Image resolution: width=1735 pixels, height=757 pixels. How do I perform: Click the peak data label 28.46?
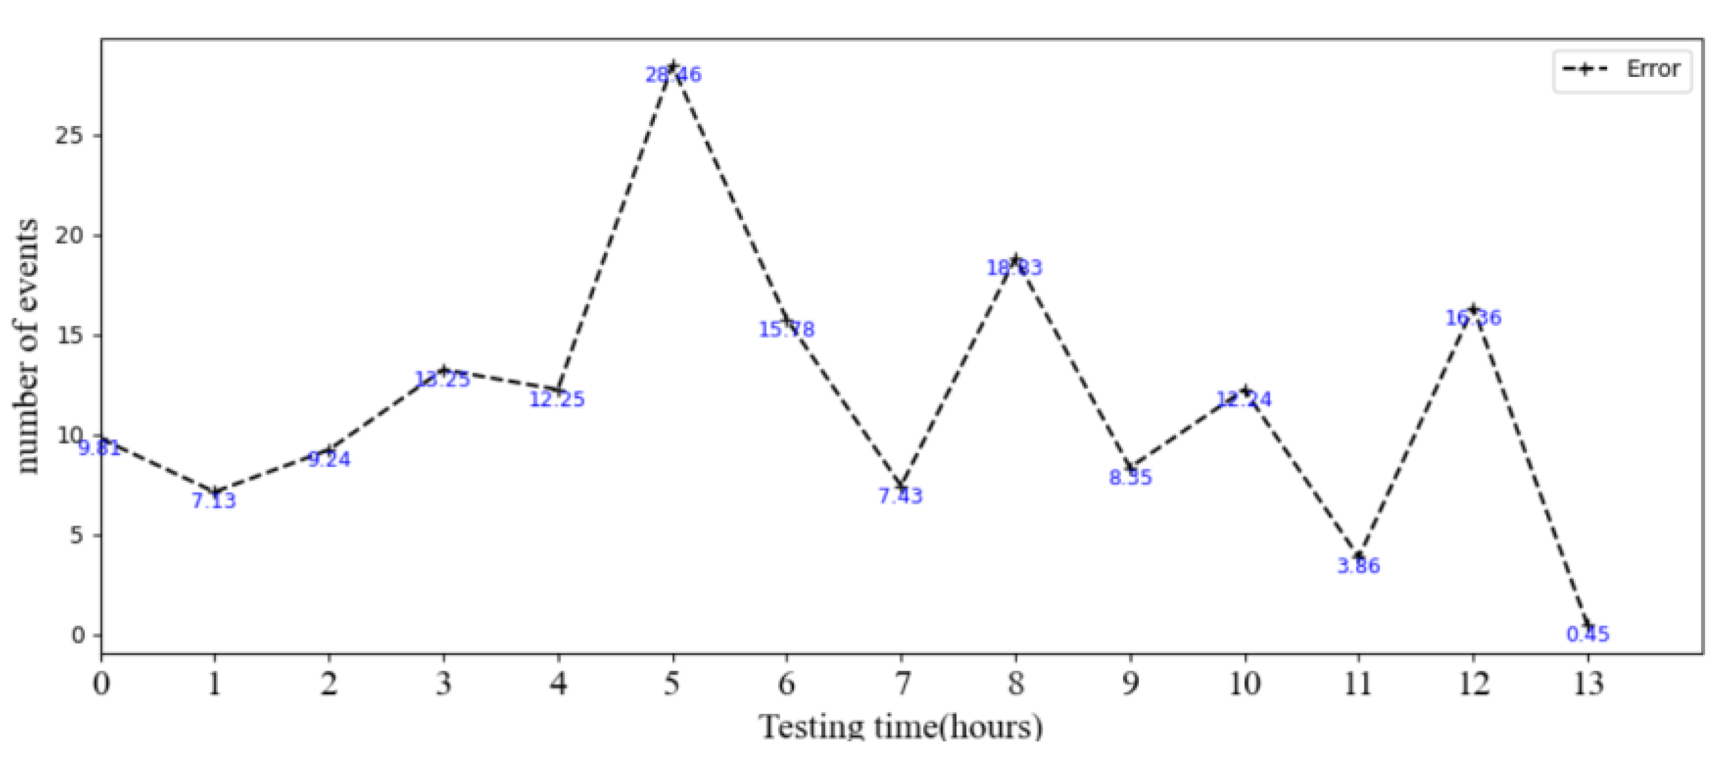coord(673,75)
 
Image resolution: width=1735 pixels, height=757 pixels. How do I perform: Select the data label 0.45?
coord(1588,634)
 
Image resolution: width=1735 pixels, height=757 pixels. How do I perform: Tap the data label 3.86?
coord(1359,566)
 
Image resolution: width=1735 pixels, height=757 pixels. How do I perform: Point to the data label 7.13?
coord(214,501)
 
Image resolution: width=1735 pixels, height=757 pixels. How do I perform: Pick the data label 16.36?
coord(1473,318)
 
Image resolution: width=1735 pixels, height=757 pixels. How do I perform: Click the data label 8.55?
coord(1130,478)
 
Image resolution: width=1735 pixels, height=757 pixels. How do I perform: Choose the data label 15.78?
coord(786,330)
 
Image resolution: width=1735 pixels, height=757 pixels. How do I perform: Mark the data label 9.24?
coord(329,459)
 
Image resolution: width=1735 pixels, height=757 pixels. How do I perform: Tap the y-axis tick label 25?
coord(69,136)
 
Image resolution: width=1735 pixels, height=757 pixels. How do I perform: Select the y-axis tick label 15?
coord(69,335)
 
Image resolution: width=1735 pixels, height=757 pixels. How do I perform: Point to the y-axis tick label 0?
coord(78,636)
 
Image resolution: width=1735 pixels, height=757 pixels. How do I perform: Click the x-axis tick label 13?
coord(1588,684)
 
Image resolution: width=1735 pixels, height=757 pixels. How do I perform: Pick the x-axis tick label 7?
coord(901,684)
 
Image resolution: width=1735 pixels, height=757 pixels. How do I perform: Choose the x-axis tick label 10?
coord(1244,684)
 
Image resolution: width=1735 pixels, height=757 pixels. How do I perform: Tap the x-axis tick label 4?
coord(558,684)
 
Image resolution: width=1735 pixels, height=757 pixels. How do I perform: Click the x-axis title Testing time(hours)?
coord(901,728)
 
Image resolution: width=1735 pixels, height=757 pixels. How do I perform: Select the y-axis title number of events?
coord(27,346)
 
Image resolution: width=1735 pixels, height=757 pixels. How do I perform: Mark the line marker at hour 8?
coord(1016,259)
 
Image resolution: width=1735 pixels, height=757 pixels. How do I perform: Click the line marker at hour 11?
coord(1359,557)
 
